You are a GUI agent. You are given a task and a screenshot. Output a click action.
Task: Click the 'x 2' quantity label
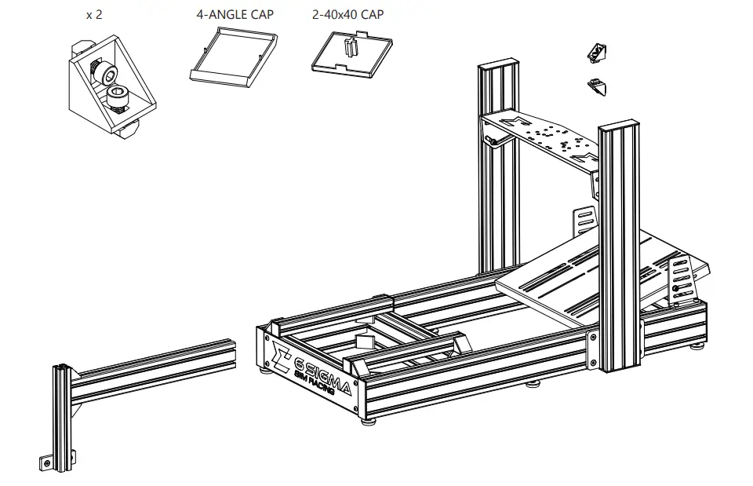[x=93, y=15]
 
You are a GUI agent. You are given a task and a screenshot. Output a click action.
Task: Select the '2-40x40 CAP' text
[x=347, y=15]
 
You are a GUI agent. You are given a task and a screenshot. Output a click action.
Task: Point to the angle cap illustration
[x=233, y=57]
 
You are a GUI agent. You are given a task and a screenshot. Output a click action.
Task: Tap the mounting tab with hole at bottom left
[x=48, y=463]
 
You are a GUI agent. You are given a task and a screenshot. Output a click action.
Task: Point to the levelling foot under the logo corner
[x=366, y=420]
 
